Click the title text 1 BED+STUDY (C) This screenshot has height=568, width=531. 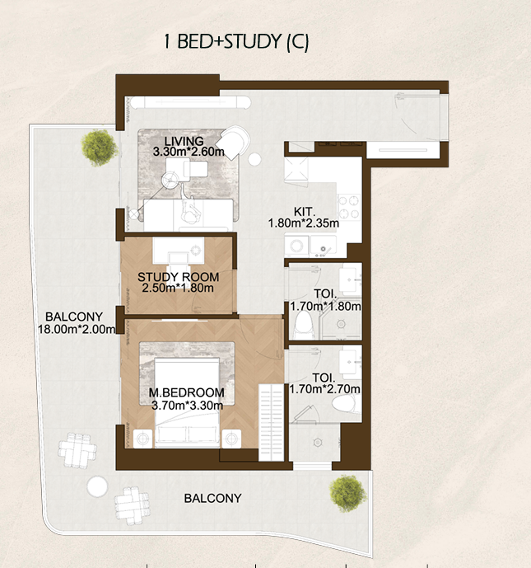pyautogui.click(x=236, y=42)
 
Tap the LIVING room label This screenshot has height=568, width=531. pyautogui.click(x=184, y=141)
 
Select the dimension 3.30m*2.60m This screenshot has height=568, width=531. pyautogui.click(x=189, y=152)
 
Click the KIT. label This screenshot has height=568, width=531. pyautogui.click(x=305, y=212)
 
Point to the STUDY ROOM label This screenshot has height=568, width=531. pyautogui.click(x=178, y=277)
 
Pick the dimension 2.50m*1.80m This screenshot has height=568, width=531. pyautogui.click(x=178, y=288)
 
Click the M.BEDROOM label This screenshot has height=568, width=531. pyautogui.click(x=187, y=392)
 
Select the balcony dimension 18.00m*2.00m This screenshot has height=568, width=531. pyautogui.click(x=77, y=329)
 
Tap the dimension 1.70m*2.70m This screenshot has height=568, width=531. pyautogui.click(x=324, y=389)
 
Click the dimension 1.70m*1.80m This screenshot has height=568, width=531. pyautogui.click(x=325, y=307)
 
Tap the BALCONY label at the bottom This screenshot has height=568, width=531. pyautogui.click(x=212, y=499)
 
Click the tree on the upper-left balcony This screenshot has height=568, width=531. pyautogui.click(x=99, y=148)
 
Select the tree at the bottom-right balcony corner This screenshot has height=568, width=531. pyautogui.click(x=347, y=493)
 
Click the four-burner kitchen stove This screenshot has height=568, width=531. pyautogui.click(x=349, y=207)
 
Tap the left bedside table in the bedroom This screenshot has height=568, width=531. pyautogui.click(x=143, y=439)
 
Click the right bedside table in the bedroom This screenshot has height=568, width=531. pyautogui.click(x=231, y=439)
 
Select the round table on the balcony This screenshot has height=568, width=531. pyautogui.click(x=97, y=486)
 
